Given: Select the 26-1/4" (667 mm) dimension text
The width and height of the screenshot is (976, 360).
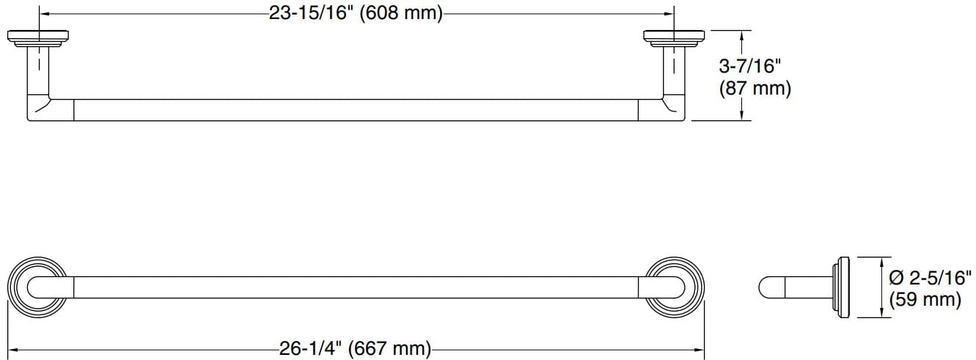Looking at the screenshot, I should (x=355, y=348).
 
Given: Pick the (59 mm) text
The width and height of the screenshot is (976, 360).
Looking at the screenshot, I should (x=924, y=299).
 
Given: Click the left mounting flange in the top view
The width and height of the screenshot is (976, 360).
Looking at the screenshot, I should (x=39, y=37).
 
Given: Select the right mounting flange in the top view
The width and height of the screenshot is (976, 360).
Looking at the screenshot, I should (x=674, y=37).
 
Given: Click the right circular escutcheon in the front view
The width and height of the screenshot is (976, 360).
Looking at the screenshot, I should (x=675, y=287).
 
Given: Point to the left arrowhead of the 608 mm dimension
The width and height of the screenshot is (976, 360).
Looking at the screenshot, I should (x=43, y=14).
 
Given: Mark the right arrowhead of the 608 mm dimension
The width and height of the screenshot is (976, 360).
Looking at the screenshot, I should (x=669, y=14).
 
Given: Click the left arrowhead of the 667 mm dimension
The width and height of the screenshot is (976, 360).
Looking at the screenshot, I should (x=12, y=348).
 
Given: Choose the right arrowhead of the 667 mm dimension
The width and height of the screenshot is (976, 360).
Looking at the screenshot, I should (x=700, y=348).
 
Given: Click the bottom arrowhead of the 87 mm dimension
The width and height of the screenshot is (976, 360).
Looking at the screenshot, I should (x=743, y=117).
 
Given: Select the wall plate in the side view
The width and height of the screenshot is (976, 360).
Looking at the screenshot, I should (x=842, y=287).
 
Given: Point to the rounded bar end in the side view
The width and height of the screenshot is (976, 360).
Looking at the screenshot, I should (x=767, y=287).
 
